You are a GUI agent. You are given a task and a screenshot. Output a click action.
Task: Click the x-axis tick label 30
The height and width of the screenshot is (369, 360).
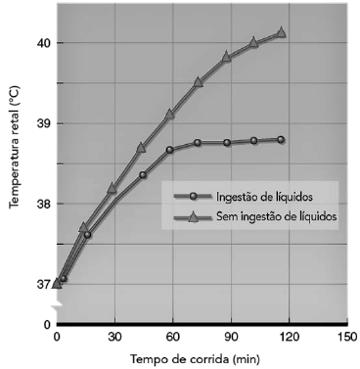point(114,337)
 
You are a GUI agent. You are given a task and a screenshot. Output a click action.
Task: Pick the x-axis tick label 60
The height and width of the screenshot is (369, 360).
point(173,337)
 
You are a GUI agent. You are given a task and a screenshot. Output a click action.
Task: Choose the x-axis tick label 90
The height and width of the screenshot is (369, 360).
point(231,337)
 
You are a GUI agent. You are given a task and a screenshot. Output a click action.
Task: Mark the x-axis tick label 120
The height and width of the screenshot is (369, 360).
point(289,337)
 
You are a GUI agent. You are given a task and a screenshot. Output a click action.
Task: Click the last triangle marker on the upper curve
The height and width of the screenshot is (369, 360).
point(281,32)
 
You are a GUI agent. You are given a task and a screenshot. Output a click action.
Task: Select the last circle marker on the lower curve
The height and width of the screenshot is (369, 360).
point(281,140)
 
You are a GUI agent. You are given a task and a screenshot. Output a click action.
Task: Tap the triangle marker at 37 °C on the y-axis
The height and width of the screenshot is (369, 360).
point(57,282)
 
